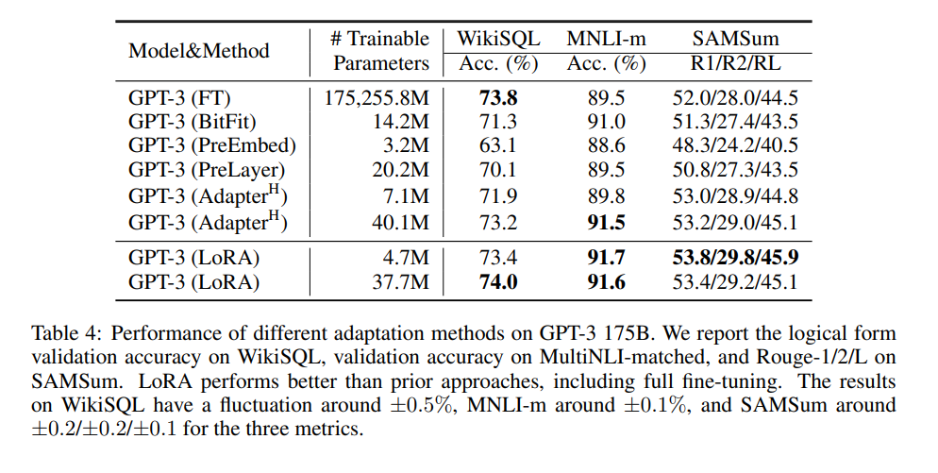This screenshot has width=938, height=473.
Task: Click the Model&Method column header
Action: (x=198, y=51)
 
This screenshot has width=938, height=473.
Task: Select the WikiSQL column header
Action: (x=498, y=39)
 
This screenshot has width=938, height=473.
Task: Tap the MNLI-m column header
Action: (x=606, y=39)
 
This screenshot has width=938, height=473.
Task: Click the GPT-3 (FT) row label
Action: (x=179, y=97)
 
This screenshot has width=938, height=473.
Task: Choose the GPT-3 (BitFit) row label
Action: (x=193, y=122)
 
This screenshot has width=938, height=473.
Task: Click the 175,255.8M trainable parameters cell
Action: (x=377, y=97)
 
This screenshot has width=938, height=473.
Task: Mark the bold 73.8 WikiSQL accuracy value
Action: (x=498, y=97)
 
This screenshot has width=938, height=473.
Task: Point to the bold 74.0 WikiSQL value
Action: (x=498, y=281)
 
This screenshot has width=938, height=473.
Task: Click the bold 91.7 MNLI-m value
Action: (x=606, y=257)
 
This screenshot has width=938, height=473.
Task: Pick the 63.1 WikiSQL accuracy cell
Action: (x=498, y=146)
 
